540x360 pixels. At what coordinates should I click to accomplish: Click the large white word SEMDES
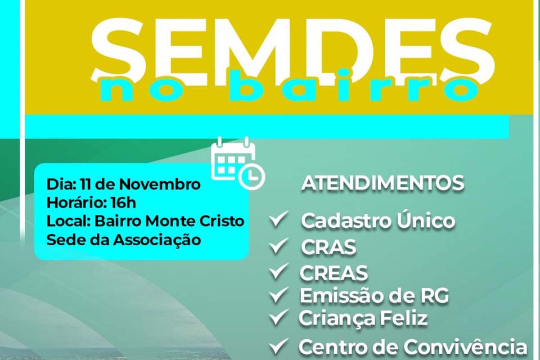coord(292,48)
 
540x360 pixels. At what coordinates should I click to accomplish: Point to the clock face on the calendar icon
coord(251,175)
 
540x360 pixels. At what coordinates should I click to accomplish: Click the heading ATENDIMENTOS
coord(382,183)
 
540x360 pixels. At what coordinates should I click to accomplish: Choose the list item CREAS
coord(334,273)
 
